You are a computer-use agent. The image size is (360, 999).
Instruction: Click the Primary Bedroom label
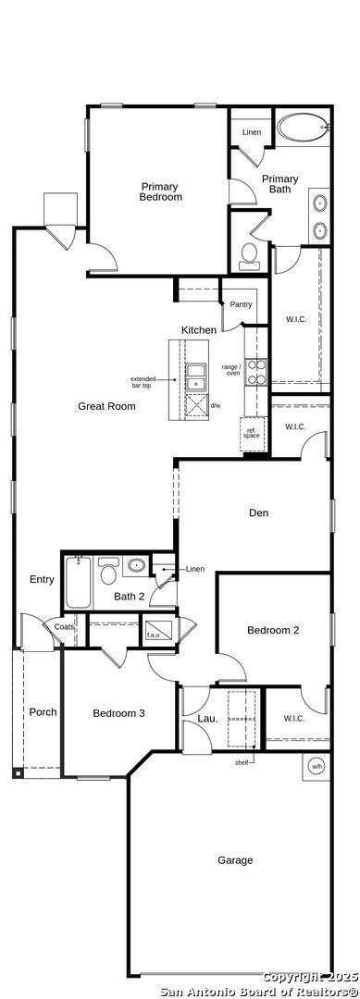point(161,191)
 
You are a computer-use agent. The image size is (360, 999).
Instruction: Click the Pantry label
point(241,304)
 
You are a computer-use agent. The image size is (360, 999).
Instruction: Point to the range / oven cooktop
point(256,372)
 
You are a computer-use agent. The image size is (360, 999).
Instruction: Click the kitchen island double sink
point(195,376)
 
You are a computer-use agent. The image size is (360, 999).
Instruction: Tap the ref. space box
point(252,432)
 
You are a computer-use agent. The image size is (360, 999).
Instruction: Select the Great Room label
point(106,406)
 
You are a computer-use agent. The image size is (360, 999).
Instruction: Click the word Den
point(259,512)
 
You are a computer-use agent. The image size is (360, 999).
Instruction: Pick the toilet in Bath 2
point(109,570)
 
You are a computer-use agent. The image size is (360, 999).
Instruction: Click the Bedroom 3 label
point(118,713)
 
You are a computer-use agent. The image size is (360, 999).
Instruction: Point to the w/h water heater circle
point(317,767)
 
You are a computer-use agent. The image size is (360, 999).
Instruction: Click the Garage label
point(235,860)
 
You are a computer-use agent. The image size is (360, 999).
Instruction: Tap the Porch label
point(43,711)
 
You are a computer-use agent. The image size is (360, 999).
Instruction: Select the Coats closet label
point(65,627)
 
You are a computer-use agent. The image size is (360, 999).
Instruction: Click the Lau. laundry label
point(207,718)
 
